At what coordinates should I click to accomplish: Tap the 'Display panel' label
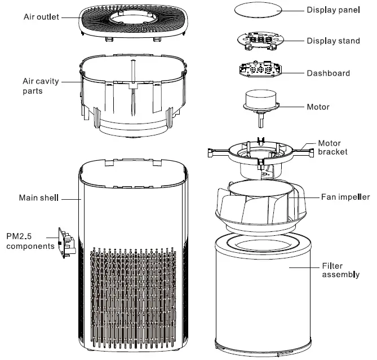pyautogui.click(x=336, y=10)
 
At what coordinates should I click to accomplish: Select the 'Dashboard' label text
pyautogui.click(x=328, y=73)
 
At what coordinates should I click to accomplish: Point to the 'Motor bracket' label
pyautogui.click(x=332, y=148)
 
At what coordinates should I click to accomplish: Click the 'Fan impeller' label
pyautogui.click(x=345, y=197)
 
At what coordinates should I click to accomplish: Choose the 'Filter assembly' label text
pyautogui.click(x=340, y=270)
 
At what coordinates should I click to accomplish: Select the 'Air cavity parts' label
pyautogui.click(x=41, y=86)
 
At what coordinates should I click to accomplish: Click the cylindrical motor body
pyautogui.click(x=261, y=99)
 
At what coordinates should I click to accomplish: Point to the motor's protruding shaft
pyautogui.click(x=262, y=120)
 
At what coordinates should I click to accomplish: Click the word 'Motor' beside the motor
pyautogui.click(x=318, y=107)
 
